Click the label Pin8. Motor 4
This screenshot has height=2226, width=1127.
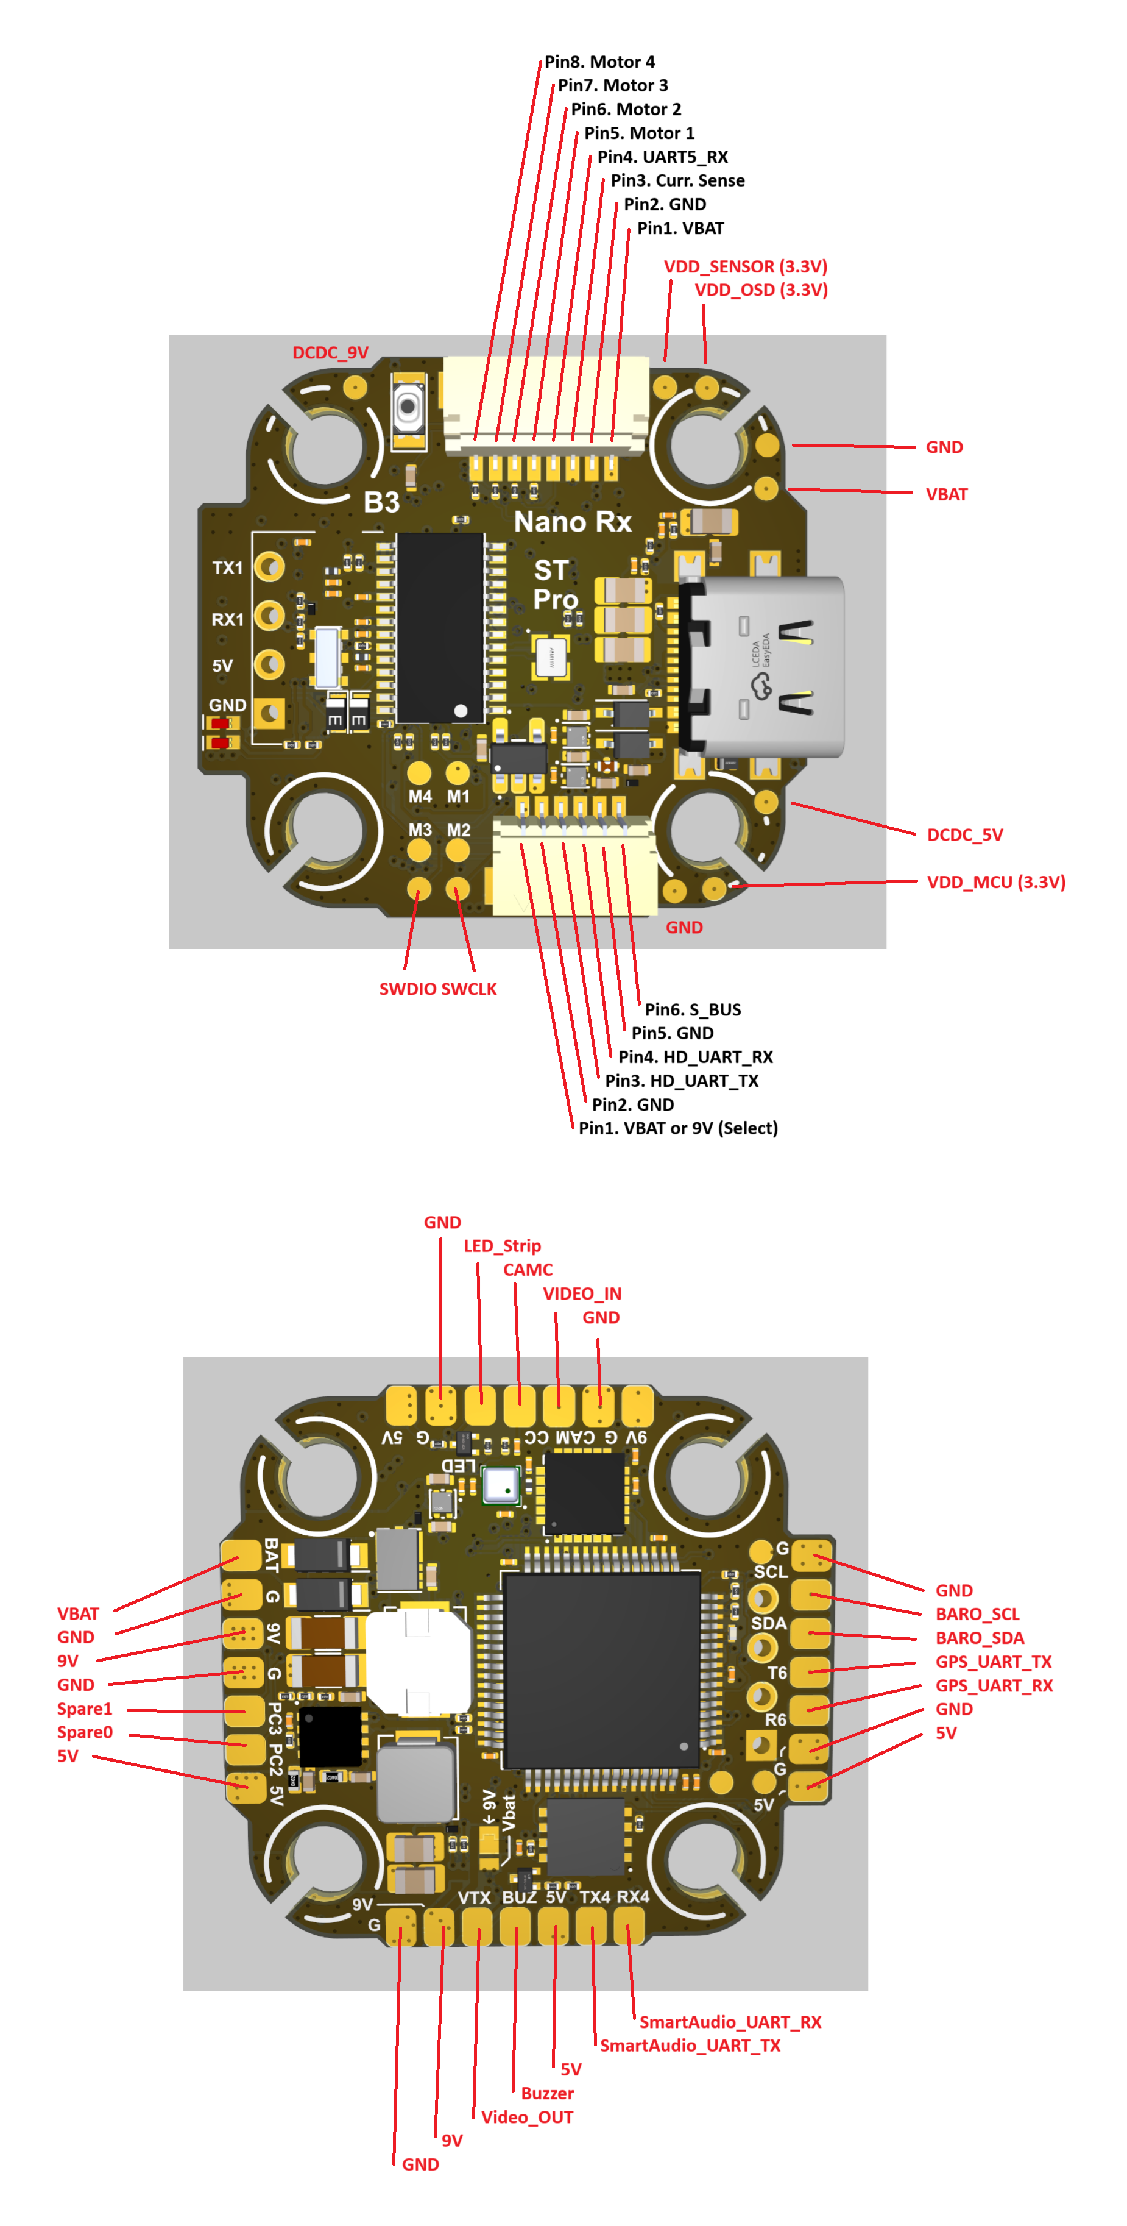click(x=599, y=62)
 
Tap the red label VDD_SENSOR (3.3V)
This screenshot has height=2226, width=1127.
click(x=745, y=266)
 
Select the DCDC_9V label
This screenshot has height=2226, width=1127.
click(x=330, y=352)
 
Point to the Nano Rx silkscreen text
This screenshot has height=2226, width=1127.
click(x=573, y=522)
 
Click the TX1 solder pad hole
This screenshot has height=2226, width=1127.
click(x=271, y=567)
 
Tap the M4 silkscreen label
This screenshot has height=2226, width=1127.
click(x=420, y=796)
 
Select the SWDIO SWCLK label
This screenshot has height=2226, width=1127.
click(x=438, y=989)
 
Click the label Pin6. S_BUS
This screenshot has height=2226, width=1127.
click(x=693, y=1009)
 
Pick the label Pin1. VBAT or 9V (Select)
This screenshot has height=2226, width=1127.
click(x=678, y=1128)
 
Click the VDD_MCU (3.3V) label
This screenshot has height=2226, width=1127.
click(x=996, y=882)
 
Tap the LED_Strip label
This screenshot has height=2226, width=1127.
click(x=502, y=1245)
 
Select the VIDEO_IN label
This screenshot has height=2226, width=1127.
click(x=582, y=1293)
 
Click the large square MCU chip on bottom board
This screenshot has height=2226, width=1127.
click(x=601, y=1670)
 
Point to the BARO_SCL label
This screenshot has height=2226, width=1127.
click(x=978, y=1613)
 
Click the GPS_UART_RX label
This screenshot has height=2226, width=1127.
click(x=994, y=1685)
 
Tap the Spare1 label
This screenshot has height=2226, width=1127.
click(x=85, y=1709)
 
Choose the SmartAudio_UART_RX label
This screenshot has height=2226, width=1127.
click(x=730, y=2021)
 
